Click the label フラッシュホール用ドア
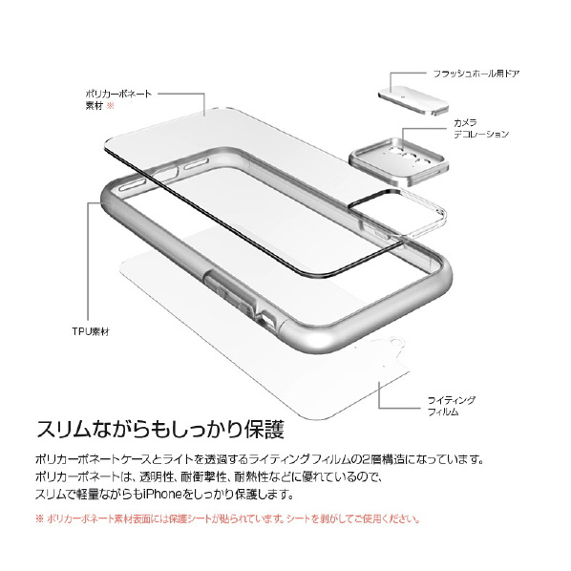(476, 74)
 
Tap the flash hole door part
(413, 99)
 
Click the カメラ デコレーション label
(480, 129)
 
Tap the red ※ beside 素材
(110, 106)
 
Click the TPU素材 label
(91, 331)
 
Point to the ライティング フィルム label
(452, 406)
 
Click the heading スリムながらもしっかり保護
(160, 430)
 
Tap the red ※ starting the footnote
(39, 518)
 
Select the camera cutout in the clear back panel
(397, 215)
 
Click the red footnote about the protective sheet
(227, 518)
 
